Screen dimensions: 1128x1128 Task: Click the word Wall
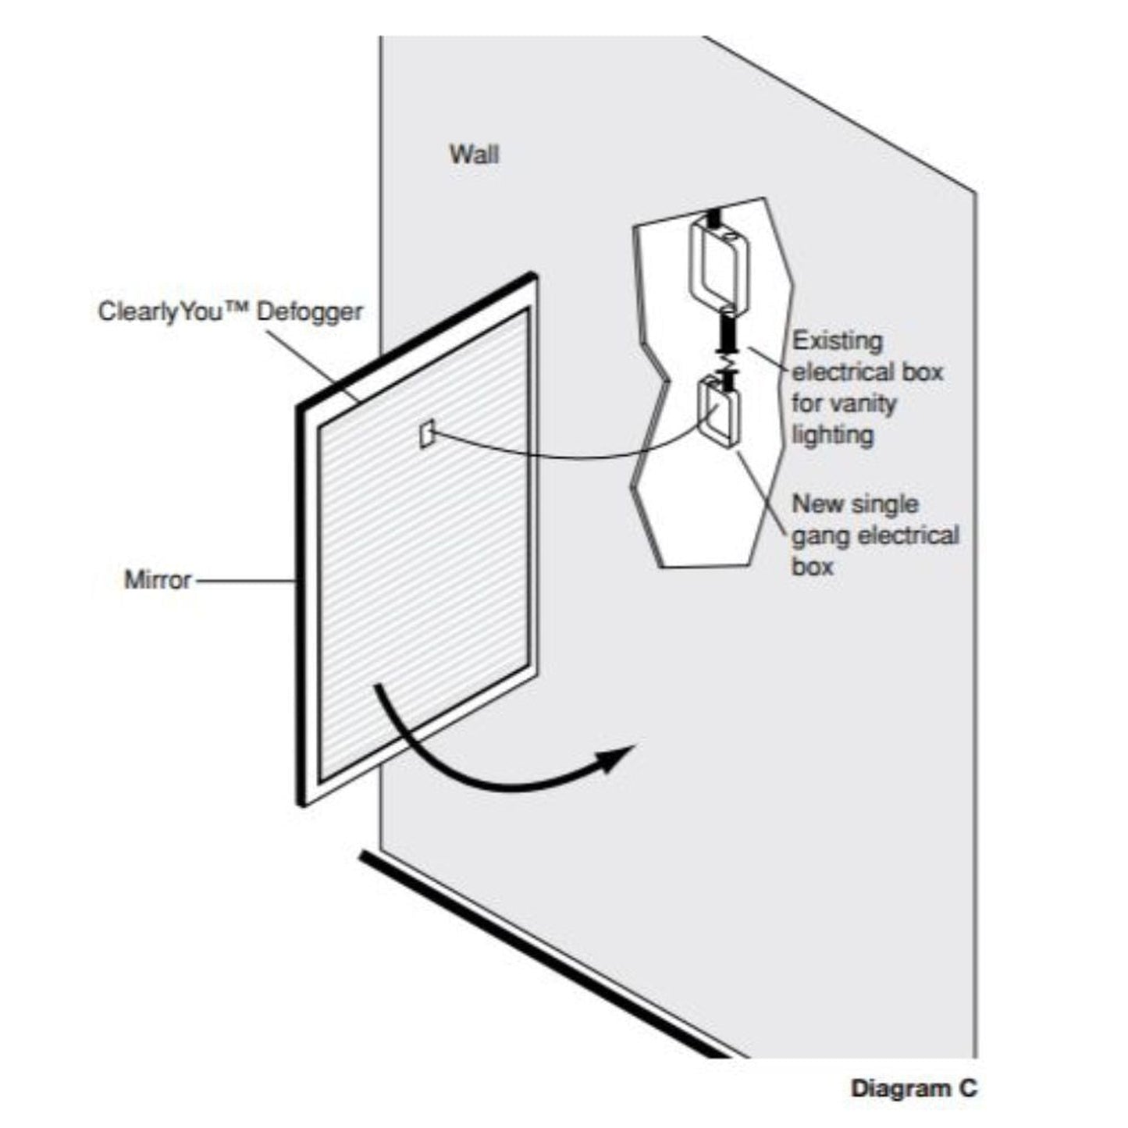pyautogui.click(x=473, y=154)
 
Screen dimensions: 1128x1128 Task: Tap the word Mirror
pyautogui.click(x=158, y=580)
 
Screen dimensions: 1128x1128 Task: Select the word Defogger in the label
pyautogui.click(x=310, y=311)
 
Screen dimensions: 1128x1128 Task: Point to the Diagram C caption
pyautogui.click(x=913, y=1088)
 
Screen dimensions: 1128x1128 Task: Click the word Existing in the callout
pyautogui.click(x=837, y=341)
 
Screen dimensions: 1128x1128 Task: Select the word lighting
pyautogui.click(x=832, y=435)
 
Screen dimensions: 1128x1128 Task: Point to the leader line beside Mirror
pyautogui.click(x=244, y=581)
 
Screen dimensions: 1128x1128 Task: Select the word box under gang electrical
pyautogui.click(x=813, y=567)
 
